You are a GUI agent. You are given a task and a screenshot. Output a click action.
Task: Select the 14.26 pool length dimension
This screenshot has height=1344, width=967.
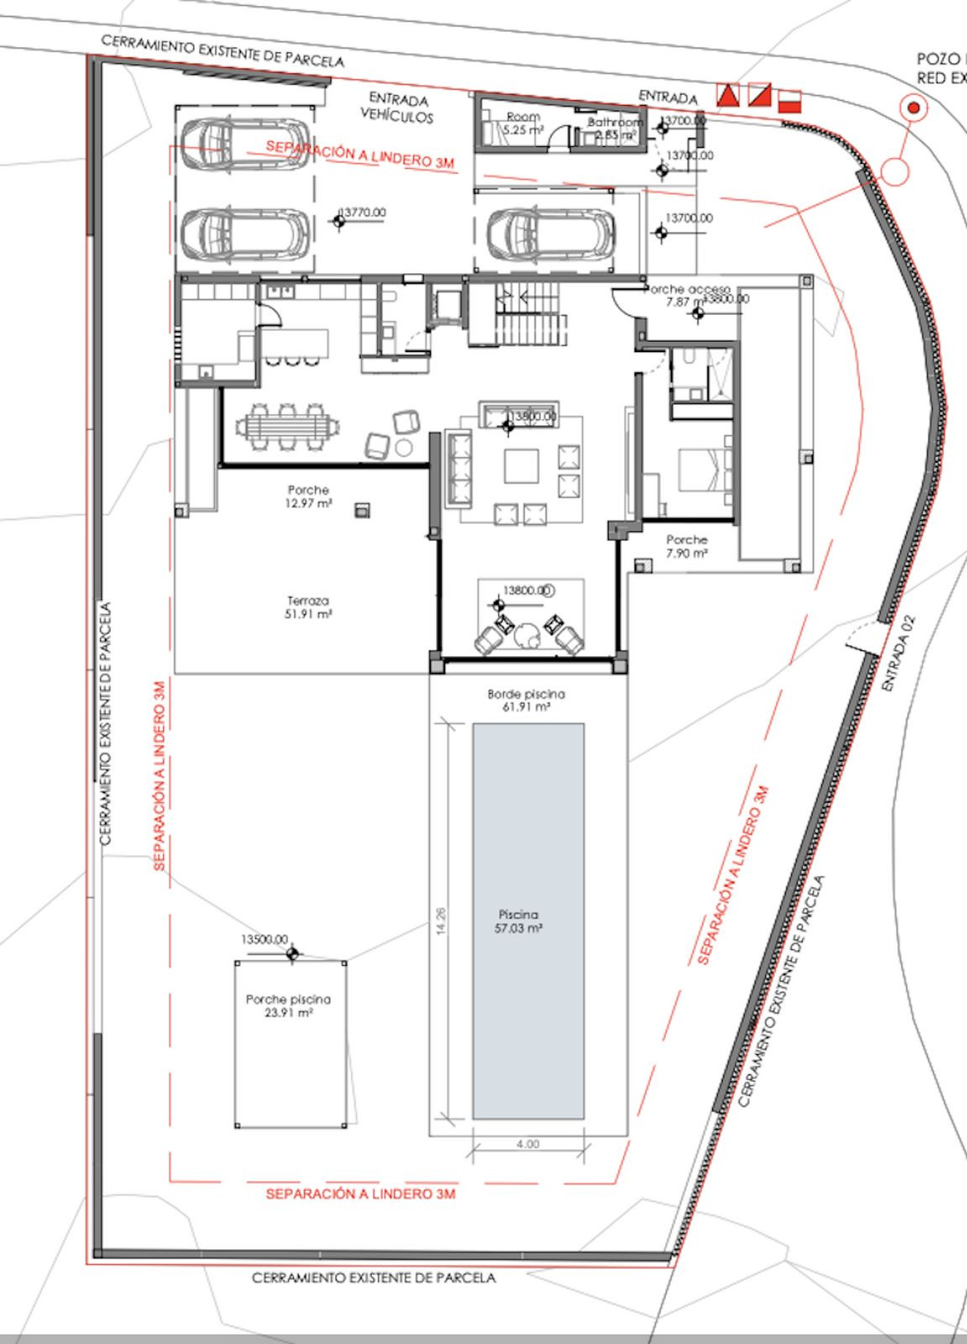coord(442,921)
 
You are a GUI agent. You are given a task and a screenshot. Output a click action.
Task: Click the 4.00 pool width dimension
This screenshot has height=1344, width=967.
coord(528,1144)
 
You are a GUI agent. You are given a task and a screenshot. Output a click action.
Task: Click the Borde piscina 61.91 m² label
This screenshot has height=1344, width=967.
coord(526,701)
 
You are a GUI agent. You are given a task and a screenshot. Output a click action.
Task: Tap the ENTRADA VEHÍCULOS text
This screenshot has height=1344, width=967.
coord(398,108)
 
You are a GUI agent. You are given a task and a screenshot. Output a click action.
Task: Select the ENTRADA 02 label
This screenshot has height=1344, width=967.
coord(900,655)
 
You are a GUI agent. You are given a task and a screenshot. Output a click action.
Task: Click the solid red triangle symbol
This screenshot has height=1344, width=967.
coord(727,95)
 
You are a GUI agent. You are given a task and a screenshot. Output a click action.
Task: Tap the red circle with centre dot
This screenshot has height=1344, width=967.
coord(913,108)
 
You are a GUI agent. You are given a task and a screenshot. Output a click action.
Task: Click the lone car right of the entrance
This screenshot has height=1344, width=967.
coord(551,234)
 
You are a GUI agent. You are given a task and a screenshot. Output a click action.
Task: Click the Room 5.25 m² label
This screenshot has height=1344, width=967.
coord(523,123)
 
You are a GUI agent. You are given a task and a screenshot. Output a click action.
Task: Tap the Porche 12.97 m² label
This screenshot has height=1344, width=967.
coord(308,496)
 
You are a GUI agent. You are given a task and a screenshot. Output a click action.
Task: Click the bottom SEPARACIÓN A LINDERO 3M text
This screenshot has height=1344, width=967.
coord(360,1194)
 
